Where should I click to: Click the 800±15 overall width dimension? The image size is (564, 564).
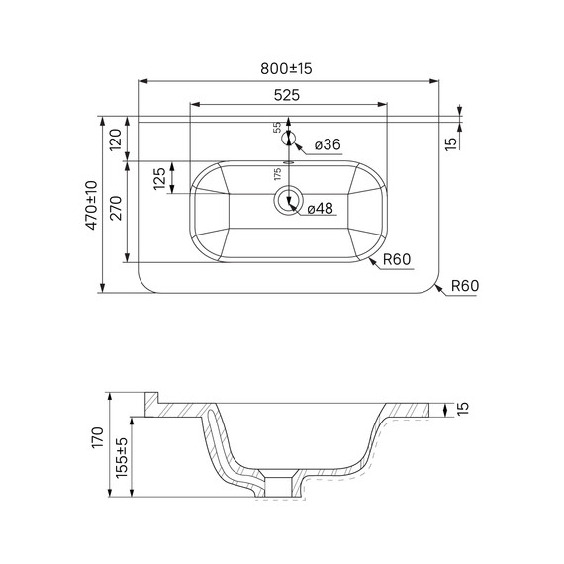[286, 68]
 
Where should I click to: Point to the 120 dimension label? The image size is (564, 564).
[115, 140]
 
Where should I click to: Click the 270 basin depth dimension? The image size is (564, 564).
[115, 212]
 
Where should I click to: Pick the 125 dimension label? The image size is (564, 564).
[159, 180]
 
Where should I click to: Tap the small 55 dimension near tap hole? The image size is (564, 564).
[277, 128]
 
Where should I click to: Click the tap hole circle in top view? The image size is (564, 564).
[288, 138]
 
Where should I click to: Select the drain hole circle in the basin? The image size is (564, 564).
[288, 199]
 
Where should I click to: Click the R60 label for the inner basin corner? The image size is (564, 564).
[396, 259]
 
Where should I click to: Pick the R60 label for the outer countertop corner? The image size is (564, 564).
[465, 286]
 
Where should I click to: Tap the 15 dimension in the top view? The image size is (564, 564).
[451, 142]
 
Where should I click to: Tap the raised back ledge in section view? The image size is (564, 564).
[152, 400]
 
